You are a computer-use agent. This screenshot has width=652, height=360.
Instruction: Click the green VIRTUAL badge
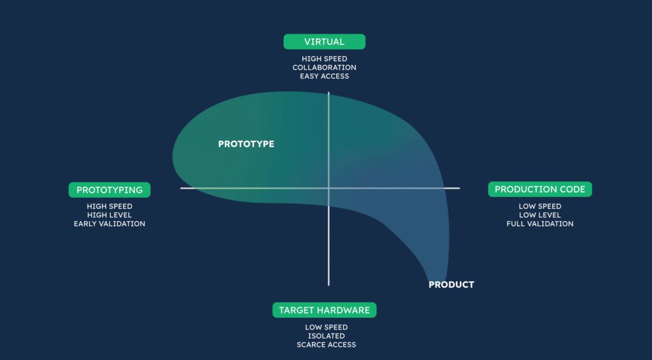[324, 41]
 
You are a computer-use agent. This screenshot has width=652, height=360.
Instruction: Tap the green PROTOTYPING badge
[110, 190]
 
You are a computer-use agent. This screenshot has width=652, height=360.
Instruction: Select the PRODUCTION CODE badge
[540, 189]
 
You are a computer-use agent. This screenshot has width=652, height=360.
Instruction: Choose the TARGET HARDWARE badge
[324, 310]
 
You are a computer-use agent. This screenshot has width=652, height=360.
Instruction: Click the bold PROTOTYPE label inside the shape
[246, 144]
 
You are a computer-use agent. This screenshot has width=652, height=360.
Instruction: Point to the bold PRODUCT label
[451, 285]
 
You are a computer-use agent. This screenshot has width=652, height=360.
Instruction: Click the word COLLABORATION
[324, 68]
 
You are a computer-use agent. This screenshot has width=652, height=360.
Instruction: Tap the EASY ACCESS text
[324, 76]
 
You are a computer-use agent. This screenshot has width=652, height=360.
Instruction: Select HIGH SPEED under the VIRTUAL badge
[324, 59]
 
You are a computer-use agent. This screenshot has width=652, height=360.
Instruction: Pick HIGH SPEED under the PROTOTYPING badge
[110, 206]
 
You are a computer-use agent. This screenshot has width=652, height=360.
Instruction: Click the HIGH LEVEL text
[110, 215]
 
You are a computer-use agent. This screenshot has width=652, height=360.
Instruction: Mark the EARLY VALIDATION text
[110, 224]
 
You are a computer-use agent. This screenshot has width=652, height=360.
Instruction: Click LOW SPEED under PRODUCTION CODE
[540, 206]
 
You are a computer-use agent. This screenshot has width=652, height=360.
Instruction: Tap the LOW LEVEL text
[540, 215]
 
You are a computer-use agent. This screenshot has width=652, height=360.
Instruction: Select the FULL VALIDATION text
[540, 224]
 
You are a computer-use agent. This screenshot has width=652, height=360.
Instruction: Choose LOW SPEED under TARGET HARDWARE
[327, 328]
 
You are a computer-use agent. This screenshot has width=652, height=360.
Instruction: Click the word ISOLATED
[327, 336]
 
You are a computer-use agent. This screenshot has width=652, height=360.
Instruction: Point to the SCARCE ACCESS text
[327, 345]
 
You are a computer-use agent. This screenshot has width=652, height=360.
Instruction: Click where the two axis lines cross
[329, 188]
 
